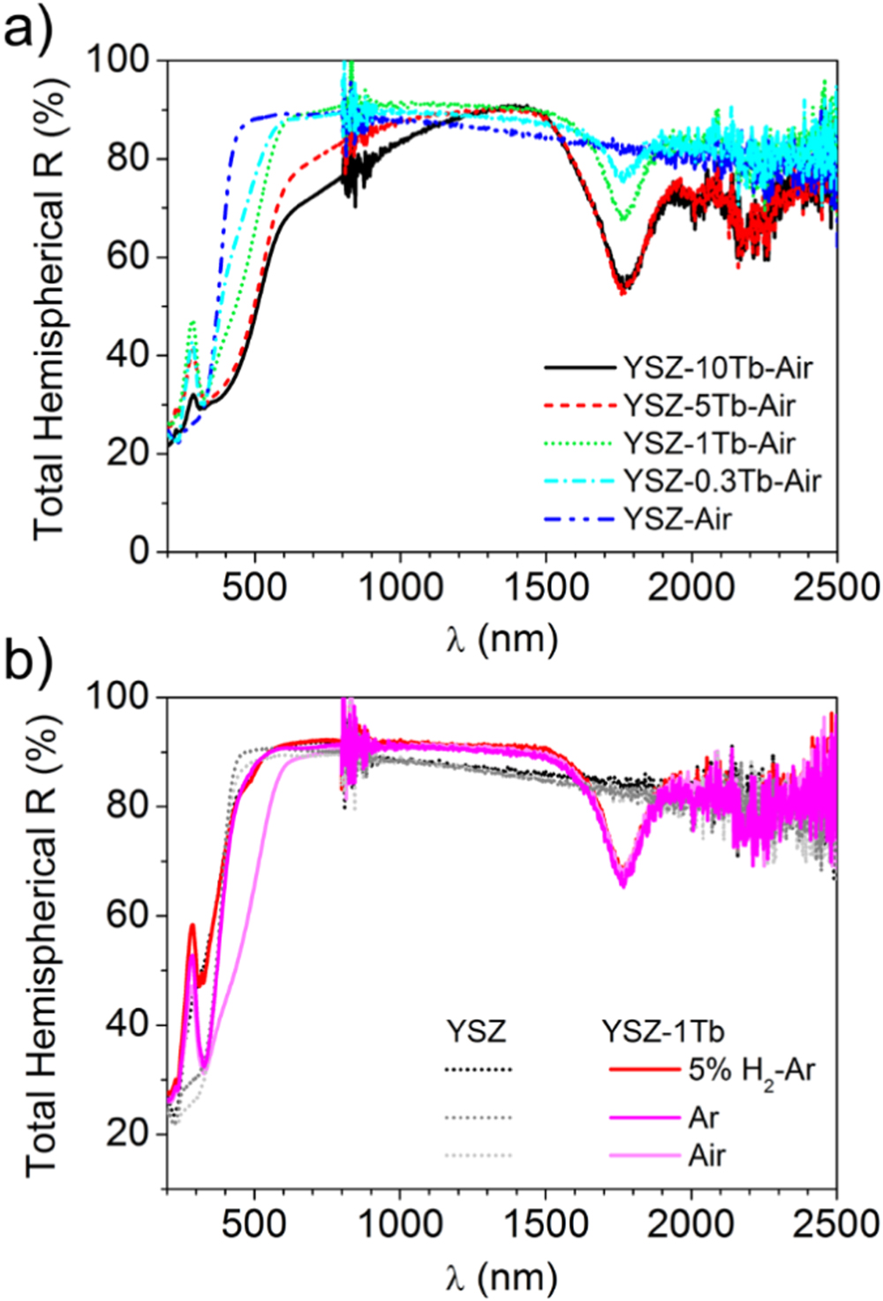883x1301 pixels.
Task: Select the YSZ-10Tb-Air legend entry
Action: [x=717, y=367]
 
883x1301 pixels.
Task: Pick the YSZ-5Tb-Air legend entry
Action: [x=709, y=405]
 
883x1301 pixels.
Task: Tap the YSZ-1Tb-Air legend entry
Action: [x=709, y=442]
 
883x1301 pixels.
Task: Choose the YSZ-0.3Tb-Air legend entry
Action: [x=722, y=480]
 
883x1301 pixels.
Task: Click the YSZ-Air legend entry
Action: [x=677, y=518]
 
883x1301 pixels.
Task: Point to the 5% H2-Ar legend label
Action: [x=751, y=1070]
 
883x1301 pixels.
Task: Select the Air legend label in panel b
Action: [x=706, y=1155]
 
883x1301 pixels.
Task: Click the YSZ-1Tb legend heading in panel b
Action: [x=663, y=1031]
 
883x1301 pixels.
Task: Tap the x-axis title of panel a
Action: [x=502, y=638]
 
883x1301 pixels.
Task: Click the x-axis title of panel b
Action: [x=502, y=1276]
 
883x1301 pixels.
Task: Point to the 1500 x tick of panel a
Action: [x=546, y=587]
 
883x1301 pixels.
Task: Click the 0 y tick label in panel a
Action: [x=138, y=551]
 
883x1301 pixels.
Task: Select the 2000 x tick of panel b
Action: [x=691, y=1224]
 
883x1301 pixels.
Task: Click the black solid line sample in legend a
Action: [x=579, y=367]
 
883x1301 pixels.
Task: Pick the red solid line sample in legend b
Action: [x=644, y=1070]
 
